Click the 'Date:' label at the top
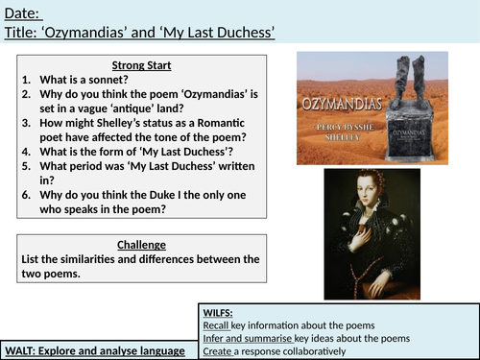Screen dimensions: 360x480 click(25, 12)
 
